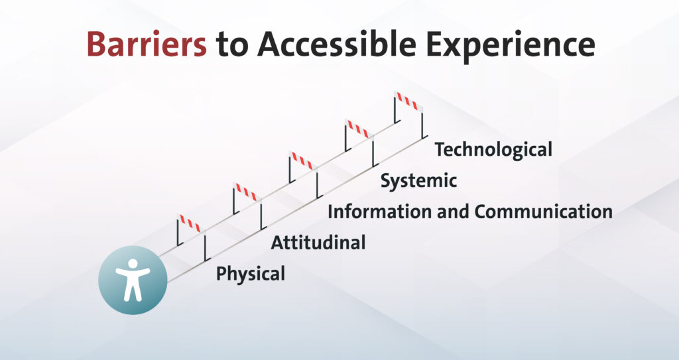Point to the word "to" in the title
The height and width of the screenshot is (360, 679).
pos(231,45)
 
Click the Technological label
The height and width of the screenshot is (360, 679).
pos(493,150)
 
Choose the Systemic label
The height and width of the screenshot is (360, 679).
pos(418,181)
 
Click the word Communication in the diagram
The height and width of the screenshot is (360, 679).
pos(543,212)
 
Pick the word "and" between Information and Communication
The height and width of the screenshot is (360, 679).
pos(452,212)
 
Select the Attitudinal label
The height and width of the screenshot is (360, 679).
pos(318,243)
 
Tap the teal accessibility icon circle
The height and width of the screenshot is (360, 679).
pos(133,280)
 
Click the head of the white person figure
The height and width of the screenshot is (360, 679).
pos(133,263)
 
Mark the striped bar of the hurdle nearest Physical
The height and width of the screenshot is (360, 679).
pos(191,223)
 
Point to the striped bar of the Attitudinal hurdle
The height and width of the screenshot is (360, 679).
pos(247,192)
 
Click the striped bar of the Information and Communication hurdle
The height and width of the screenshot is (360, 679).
pos(303,160)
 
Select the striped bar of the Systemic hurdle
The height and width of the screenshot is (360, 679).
pos(359,129)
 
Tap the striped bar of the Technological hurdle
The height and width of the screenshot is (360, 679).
pos(408,101)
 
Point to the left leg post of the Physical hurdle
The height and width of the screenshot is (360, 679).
pos(178,233)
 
